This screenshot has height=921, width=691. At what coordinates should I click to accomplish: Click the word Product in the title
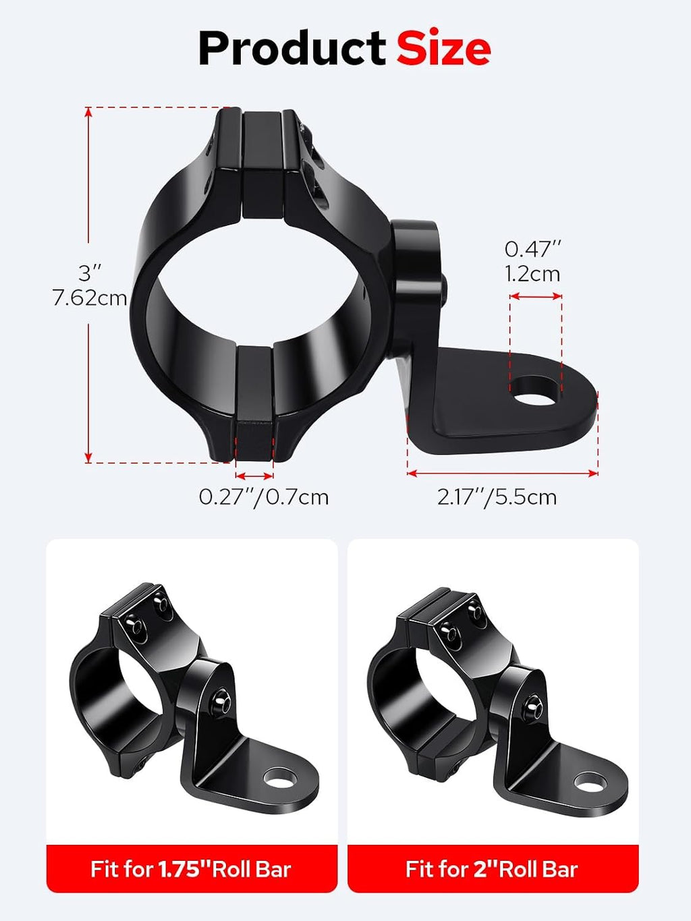[x=292, y=48]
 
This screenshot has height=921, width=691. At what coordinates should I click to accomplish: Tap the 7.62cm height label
[x=89, y=298]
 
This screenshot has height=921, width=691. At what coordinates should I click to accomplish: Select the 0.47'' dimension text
[x=533, y=249]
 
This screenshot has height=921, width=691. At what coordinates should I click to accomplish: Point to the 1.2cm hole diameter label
[x=533, y=275]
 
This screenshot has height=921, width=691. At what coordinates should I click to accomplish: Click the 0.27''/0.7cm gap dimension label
[x=263, y=498]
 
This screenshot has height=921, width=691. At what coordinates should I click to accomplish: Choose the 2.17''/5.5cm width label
[x=497, y=498]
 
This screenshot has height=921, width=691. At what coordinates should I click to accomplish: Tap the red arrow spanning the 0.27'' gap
[x=254, y=476]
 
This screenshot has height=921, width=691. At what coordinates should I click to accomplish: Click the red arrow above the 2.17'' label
[x=503, y=473]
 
